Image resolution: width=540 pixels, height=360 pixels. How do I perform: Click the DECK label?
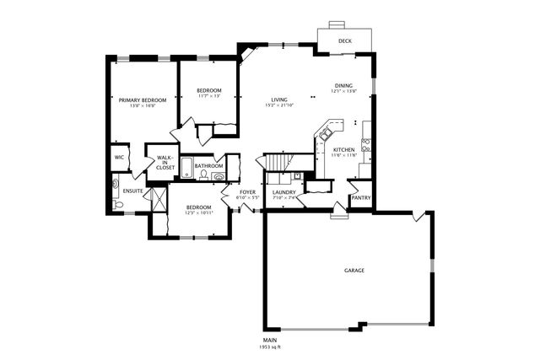coord(344,40)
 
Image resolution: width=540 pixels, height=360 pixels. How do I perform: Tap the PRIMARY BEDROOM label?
coord(142,100)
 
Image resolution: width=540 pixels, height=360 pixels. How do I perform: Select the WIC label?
coord(119,158)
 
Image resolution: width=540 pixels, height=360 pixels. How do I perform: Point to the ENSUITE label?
coord(132,191)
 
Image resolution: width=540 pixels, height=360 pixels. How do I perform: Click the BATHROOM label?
coord(208,166)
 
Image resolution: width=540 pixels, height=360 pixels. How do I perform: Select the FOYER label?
coord(247,192)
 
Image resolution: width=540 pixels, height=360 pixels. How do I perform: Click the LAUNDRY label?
coord(283,192)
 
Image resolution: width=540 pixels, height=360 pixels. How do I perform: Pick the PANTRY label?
coord(360,198)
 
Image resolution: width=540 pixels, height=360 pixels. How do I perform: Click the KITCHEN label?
coord(343,150)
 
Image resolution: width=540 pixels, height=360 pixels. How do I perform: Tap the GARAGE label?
coord(354,271)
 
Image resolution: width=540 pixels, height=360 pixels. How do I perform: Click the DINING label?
coord(343,85)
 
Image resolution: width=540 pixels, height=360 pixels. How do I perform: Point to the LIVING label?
coord(279,99)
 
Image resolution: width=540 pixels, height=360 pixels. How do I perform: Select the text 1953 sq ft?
coord(271,347)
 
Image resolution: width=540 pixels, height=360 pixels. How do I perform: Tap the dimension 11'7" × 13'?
coord(208,96)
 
